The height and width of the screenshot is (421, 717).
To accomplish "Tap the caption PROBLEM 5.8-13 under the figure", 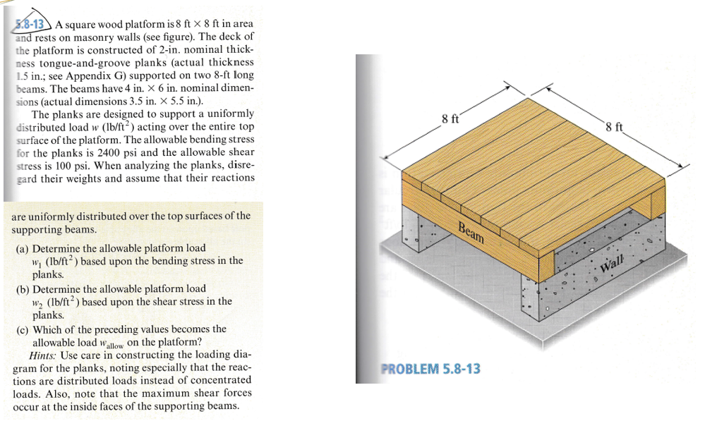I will coord(430,368).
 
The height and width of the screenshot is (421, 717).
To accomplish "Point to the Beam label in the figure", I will coord(471,231).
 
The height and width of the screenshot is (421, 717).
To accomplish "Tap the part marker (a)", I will coord(23,248).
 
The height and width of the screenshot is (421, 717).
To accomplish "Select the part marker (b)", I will coord(23,288).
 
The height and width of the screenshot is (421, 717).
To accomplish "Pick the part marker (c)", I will coord(23,329).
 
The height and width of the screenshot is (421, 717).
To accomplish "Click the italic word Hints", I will coord(44,355).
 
